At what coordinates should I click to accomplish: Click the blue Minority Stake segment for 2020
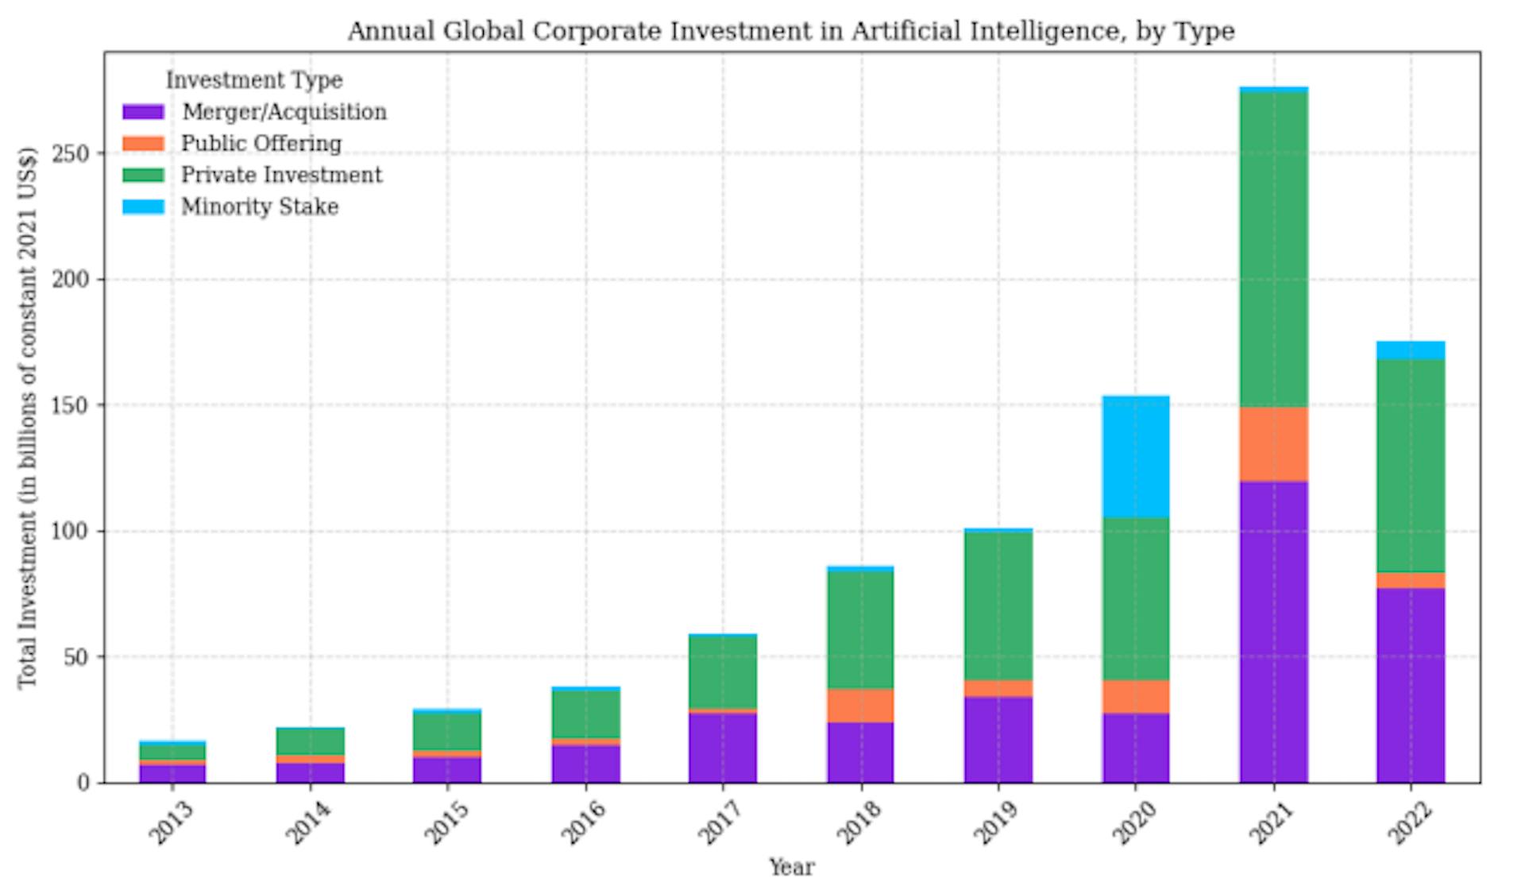(x=1136, y=457)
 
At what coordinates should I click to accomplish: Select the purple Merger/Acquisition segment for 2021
(x=1273, y=632)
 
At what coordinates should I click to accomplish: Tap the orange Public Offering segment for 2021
(x=1273, y=444)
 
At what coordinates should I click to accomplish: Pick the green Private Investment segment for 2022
(x=1411, y=466)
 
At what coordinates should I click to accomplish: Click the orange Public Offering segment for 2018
(x=860, y=706)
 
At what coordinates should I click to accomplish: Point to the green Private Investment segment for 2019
(x=998, y=606)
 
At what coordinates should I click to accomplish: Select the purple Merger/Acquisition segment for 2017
(x=723, y=748)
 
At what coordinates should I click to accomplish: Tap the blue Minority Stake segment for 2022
(x=1411, y=350)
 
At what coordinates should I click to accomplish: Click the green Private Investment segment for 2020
(x=1136, y=599)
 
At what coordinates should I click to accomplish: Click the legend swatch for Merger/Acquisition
(x=144, y=112)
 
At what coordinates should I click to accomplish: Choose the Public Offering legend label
(x=261, y=144)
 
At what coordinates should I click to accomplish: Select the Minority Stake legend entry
(x=260, y=207)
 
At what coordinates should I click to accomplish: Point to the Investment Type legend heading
(x=254, y=80)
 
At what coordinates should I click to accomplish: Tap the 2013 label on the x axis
(x=170, y=823)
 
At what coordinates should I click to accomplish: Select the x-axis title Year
(x=791, y=868)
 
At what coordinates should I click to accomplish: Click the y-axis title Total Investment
(x=28, y=417)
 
